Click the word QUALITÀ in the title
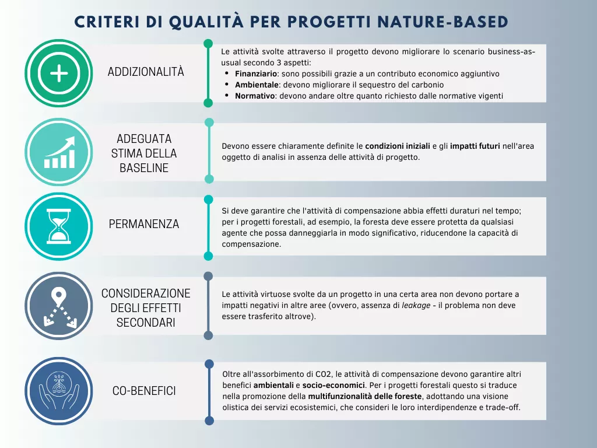coord(206,22)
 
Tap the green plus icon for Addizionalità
coord(59,73)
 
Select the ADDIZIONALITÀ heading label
coord(146,72)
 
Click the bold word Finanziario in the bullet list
coord(257,74)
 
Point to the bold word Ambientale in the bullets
coord(256,85)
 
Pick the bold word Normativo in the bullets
coord(255,96)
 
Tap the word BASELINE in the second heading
coord(144,168)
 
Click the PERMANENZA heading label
coord(144,225)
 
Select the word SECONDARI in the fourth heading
coord(146,322)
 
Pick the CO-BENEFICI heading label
coord(144,391)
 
